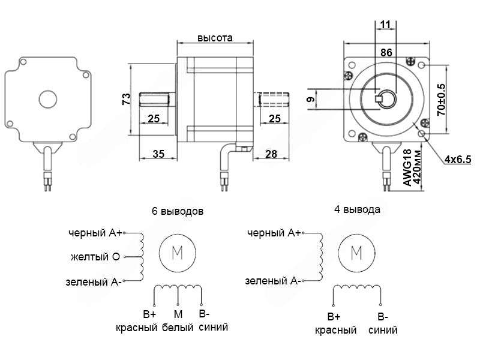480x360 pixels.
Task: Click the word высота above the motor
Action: (x=215, y=38)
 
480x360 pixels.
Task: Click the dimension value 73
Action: (x=127, y=100)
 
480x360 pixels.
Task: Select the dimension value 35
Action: (x=158, y=154)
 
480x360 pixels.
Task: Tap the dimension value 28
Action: (x=271, y=154)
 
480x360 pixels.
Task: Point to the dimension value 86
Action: (x=386, y=53)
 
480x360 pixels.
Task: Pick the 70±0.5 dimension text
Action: (x=442, y=98)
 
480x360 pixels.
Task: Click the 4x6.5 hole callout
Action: (x=458, y=159)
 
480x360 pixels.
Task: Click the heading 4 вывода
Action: (x=357, y=210)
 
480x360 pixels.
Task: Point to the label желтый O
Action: (x=95, y=257)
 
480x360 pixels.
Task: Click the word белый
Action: (x=178, y=328)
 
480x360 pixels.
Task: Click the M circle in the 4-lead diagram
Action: (x=356, y=253)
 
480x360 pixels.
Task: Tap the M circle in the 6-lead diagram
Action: (x=178, y=253)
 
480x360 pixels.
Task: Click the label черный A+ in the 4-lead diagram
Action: (x=274, y=233)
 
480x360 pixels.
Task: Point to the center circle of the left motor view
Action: (x=46, y=98)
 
